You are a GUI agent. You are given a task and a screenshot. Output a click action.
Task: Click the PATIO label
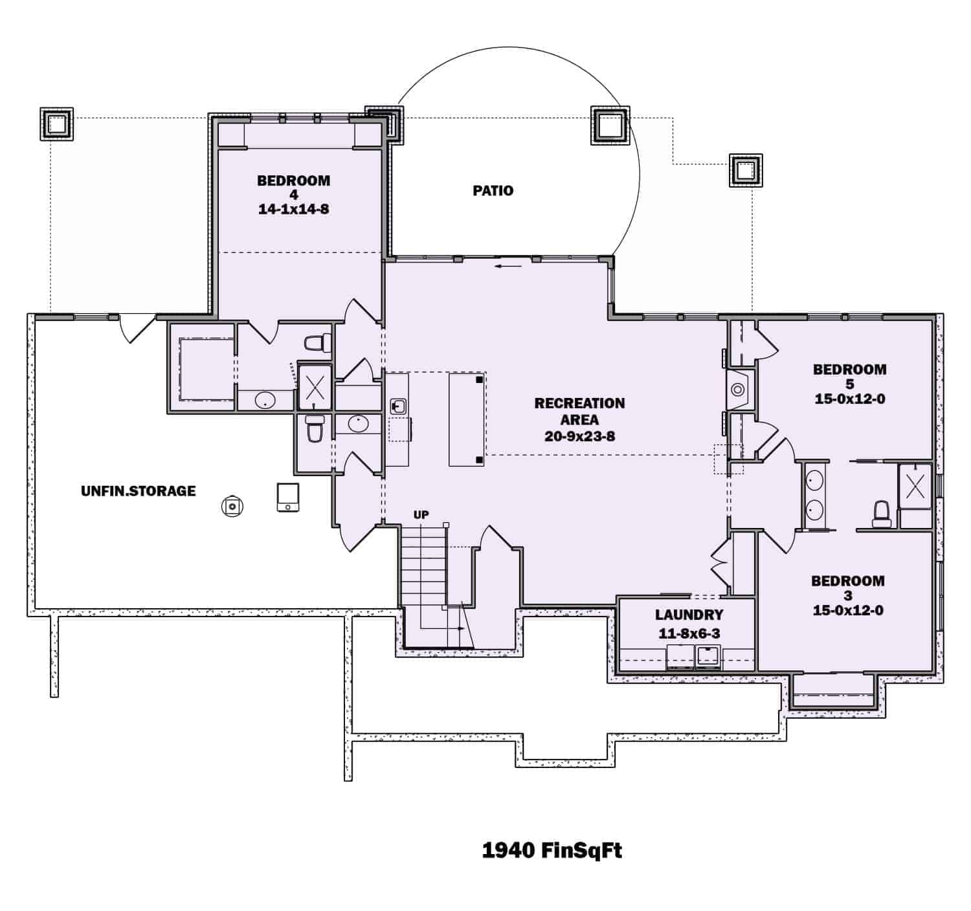tap(493, 191)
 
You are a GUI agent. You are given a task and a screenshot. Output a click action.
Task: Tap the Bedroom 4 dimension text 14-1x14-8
tap(293, 209)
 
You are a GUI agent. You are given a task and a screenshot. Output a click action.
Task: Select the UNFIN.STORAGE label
tap(139, 490)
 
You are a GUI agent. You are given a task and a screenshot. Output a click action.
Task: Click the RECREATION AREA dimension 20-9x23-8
tap(580, 436)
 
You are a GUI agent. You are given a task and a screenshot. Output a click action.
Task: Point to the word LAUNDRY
tap(689, 614)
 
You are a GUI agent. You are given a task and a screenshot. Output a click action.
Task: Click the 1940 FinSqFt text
tap(552, 850)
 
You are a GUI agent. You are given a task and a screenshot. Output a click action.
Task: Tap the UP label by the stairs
tap(421, 514)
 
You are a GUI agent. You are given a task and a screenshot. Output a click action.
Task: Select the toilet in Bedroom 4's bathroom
tap(318, 343)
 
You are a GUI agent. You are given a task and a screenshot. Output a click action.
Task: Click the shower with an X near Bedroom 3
tap(915, 487)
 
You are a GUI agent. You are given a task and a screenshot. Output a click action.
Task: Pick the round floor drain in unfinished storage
tap(232, 506)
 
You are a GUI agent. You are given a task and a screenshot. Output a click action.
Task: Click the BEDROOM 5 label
tap(850, 377)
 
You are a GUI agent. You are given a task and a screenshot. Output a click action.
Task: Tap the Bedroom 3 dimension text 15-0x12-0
tap(848, 610)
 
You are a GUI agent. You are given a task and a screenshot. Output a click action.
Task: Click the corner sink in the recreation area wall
tap(738, 390)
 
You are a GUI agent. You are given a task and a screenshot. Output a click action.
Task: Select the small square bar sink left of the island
tap(398, 406)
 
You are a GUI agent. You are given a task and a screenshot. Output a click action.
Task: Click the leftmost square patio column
tap(57, 124)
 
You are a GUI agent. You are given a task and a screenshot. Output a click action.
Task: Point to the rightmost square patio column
tap(746, 171)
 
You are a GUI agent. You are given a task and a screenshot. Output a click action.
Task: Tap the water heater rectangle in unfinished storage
tap(288, 498)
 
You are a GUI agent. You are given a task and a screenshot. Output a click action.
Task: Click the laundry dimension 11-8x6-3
tap(689, 633)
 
